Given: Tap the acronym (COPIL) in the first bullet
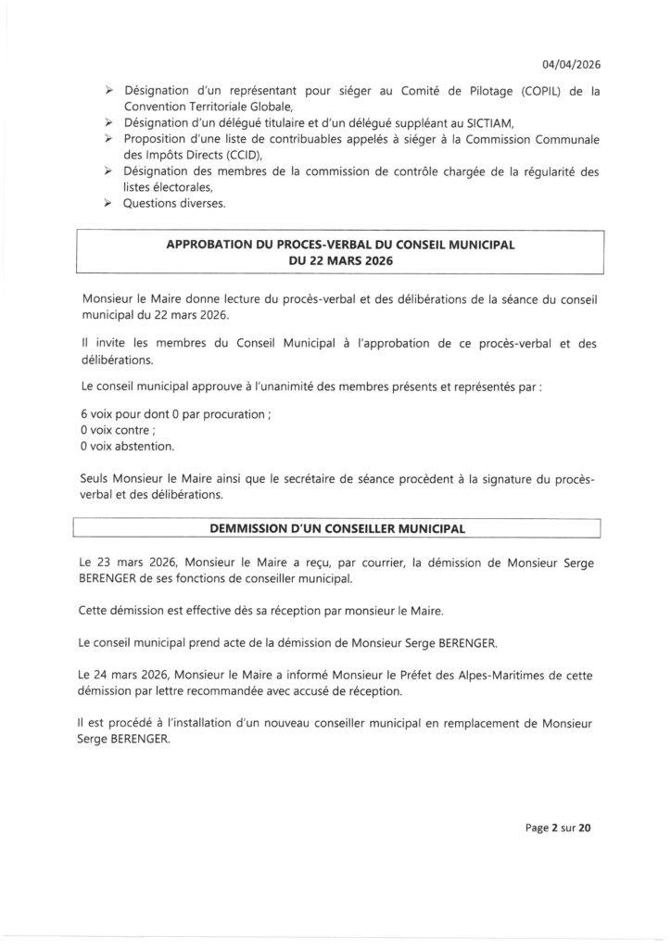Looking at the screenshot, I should coord(540,91).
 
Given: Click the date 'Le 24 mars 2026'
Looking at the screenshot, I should coord(129,678).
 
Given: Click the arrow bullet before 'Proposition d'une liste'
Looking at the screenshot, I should coord(108,138).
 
